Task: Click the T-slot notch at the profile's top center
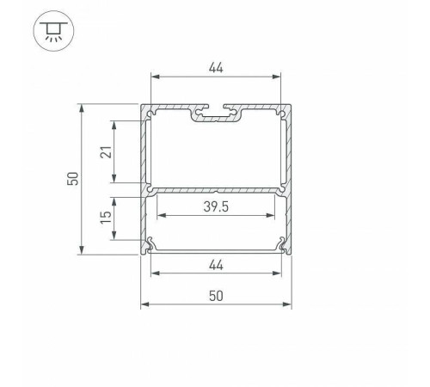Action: (x=216, y=112)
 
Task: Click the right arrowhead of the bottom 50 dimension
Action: (x=288, y=304)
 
